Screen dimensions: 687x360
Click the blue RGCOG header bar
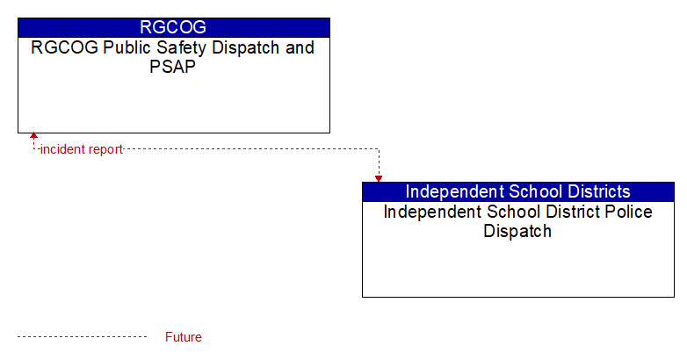click(174, 27)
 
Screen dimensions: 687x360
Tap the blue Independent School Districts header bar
click(518, 191)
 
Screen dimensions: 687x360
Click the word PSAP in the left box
click(172, 67)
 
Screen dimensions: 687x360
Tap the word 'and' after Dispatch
click(300, 47)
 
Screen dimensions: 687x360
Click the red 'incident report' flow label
click(82, 149)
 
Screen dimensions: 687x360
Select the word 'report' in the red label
click(105, 150)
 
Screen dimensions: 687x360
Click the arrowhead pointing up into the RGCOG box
click(33, 136)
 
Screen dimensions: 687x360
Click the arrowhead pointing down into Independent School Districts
click(379, 179)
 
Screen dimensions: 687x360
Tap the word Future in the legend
click(183, 337)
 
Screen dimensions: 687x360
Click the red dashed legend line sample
click(82, 337)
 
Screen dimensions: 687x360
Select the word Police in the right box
click(629, 212)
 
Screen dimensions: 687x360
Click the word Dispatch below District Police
click(517, 231)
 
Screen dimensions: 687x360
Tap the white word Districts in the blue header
click(599, 191)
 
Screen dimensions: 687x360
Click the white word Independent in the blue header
click(454, 192)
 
